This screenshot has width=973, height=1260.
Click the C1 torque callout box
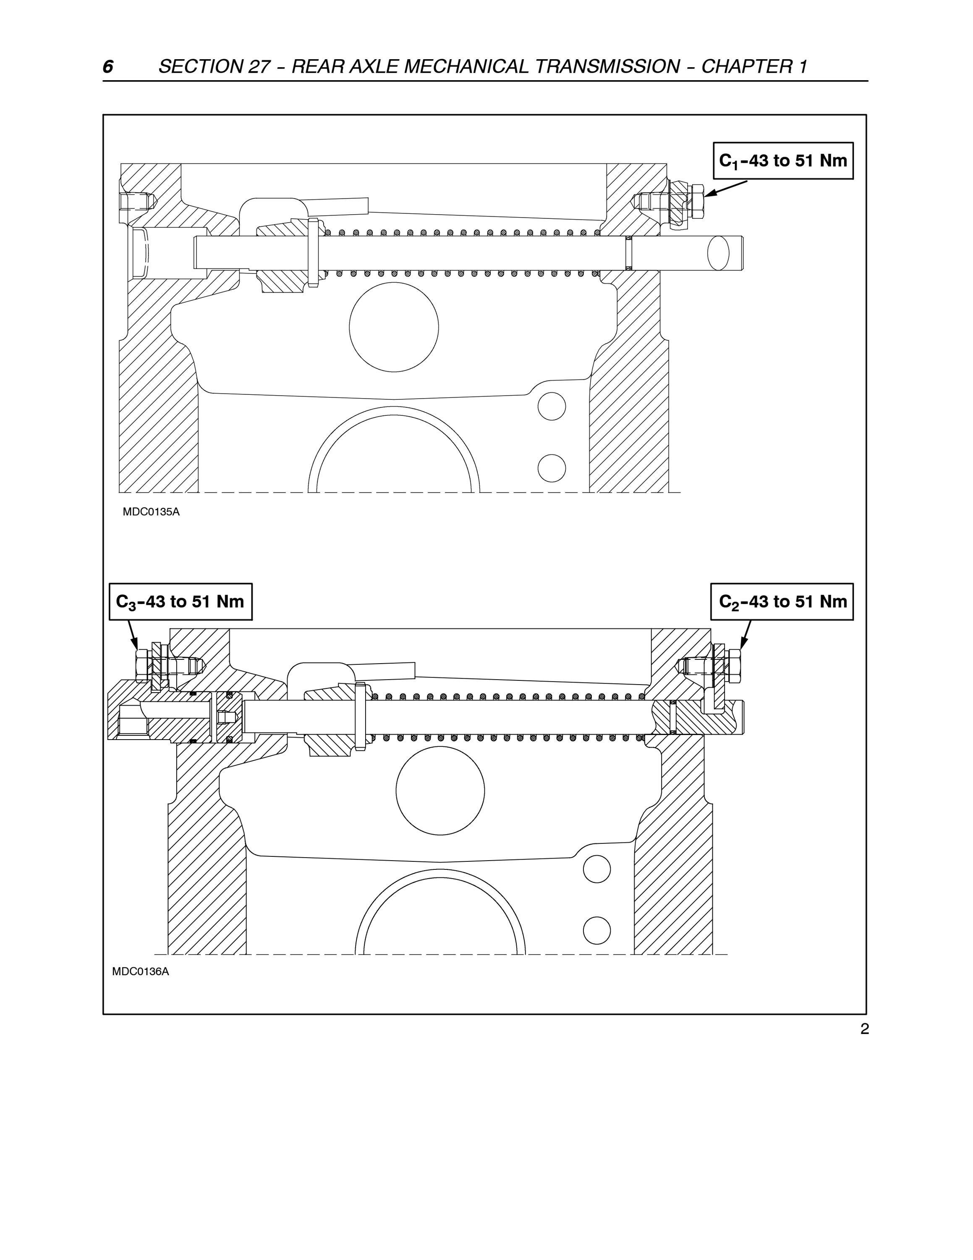(x=783, y=161)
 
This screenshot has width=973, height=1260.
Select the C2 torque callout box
(x=782, y=602)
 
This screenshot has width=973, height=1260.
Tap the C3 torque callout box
(x=180, y=602)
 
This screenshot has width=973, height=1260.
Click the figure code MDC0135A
(x=151, y=512)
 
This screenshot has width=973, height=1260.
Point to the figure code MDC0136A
(x=141, y=971)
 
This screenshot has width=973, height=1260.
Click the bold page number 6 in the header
(x=108, y=67)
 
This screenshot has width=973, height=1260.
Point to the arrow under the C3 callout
(x=133, y=635)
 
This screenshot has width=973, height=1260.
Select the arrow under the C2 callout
(x=745, y=635)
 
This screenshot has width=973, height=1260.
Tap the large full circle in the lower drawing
(x=440, y=791)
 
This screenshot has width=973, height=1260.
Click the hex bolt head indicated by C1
(x=696, y=201)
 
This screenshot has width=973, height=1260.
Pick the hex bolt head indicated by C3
(x=142, y=665)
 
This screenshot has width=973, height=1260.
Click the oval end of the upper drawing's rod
(x=718, y=253)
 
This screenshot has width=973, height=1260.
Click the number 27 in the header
(x=259, y=67)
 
